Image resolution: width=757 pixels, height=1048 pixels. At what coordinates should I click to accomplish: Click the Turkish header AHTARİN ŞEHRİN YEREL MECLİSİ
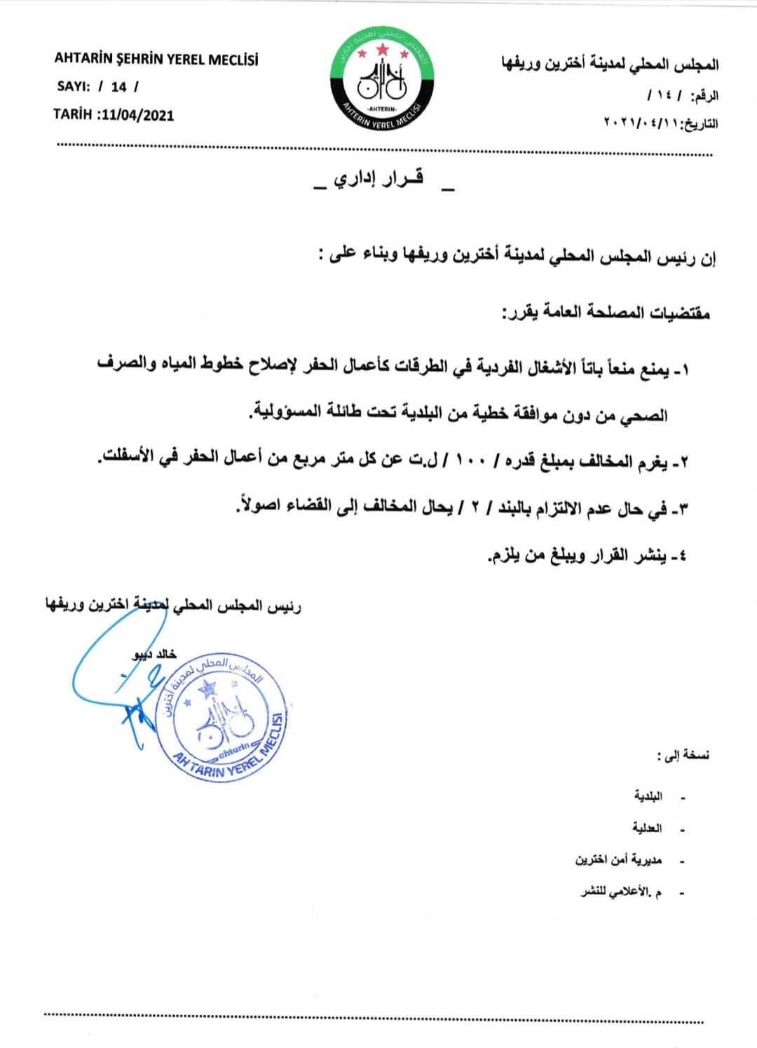(x=156, y=59)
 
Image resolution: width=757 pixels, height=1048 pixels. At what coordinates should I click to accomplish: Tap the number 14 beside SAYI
(x=118, y=87)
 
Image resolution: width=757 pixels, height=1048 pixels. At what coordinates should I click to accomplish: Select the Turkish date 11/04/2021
(x=137, y=115)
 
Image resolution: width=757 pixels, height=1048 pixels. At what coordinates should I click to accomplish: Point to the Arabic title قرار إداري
(x=378, y=179)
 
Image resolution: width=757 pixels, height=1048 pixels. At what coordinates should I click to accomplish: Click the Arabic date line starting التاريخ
(x=660, y=123)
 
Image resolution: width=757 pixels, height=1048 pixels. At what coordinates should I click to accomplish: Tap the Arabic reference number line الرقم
(x=683, y=95)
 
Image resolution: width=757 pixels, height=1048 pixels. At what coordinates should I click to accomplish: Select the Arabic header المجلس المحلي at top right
(x=610, y=64)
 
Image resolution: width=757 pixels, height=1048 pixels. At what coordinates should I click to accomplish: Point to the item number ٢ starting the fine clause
(x=683, y=462)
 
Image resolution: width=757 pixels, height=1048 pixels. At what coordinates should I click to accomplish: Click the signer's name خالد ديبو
(x=155, y=654)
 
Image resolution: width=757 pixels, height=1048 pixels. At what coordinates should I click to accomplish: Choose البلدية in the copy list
(x=648, y=796)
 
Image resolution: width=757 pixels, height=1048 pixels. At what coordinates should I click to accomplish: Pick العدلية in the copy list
(x=647, y=828)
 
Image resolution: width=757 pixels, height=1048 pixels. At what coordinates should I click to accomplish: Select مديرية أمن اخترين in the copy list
(x=619, y=860)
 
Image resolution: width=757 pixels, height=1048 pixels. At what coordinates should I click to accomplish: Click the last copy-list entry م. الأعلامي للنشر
(x=621, y=892)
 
